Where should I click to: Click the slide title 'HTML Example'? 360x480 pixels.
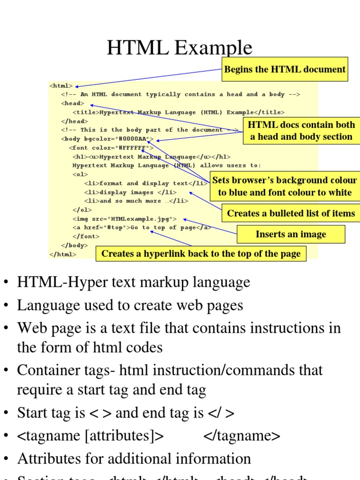[x=180, y=48]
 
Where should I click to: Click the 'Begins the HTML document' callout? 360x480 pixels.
[x=285, y=69]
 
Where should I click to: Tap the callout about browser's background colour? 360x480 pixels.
[x=285, y=186]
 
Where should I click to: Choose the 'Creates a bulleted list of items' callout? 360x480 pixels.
[x=291, y=213]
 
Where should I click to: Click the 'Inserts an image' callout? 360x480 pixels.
[x=291, y=234]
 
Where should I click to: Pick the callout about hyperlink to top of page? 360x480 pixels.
[x=201, y=254]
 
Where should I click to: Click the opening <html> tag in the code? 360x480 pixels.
[x=61, y=86]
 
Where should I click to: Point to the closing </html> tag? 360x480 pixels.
[x=62, y=254]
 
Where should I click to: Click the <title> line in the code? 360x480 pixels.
[x=178, y=112]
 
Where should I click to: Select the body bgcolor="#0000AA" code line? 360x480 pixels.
[x=107, y=139]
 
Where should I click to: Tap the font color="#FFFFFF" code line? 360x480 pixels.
[x=111, y=148]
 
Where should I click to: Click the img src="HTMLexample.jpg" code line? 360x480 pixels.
[x=125, y=218]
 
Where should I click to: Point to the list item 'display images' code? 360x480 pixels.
[x=130, y=192]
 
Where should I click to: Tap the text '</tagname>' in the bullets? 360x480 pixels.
[x=241, y=436]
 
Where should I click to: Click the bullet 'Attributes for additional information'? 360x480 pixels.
[x=134, y=458]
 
